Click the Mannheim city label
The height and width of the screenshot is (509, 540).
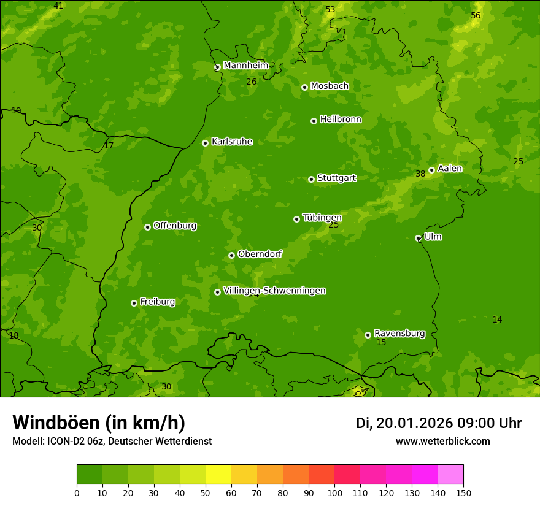click(x=245, y=66)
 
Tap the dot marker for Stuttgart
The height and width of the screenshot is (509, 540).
click(x=311, y=179)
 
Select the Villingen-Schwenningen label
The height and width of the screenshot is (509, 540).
click(x=274, y=291)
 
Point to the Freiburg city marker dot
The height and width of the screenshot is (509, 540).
click(x=134, y=303)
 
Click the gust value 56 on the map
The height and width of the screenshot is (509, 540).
click(x=476, y=15)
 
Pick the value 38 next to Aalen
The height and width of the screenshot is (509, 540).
click(x=420, y=174)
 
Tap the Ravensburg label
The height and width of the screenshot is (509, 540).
click(x=399, y=334)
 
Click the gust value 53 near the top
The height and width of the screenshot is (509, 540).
click(x=330, y=9)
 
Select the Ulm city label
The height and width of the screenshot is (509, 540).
click(x=433, y=237)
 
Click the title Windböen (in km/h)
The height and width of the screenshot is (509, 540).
click(x=99, y=423)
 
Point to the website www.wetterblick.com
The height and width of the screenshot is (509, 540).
click(x=442, y=441)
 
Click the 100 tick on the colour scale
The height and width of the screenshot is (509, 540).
click(x=334, y=492)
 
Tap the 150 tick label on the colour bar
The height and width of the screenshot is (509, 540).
click(x=463, y=492)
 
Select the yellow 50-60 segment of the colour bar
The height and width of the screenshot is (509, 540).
click(x=218, y=475)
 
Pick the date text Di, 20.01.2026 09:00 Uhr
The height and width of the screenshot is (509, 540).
click(x=438, y=423)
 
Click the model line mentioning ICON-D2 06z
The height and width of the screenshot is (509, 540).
click(x=112, y=441)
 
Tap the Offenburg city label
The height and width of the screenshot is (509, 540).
click(x=175, y=226)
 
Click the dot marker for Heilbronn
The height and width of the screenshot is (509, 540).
click(x=314, y=121)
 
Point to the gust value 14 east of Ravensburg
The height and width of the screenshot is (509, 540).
click(x=497, y=320)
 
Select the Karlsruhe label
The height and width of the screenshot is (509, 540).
click(x=231, y=142)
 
